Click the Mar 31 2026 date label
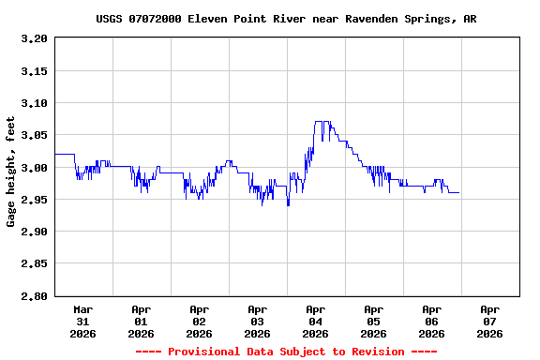point(83,321)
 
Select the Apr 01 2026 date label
point(142,321)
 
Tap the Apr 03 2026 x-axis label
point(258,321)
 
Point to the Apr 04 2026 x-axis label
point(316,321)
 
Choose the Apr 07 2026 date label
point(489,321)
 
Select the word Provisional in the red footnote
point(203,352)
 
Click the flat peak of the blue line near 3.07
point(320,122)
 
